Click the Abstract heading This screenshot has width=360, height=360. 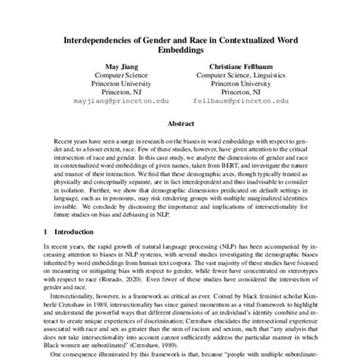click(179, 124)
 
